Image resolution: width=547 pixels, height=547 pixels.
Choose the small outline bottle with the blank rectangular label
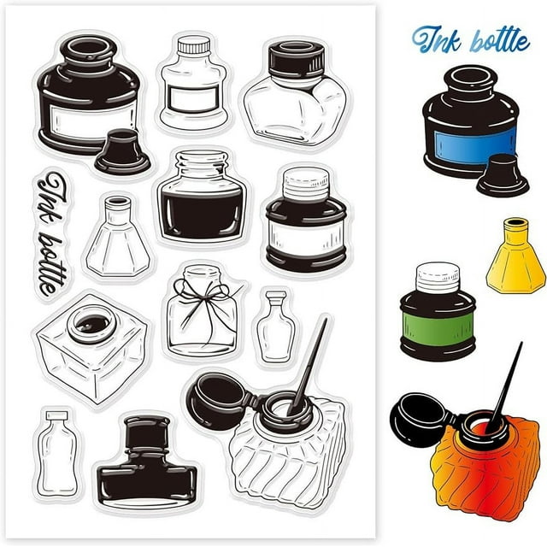click(x=194, y=83)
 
